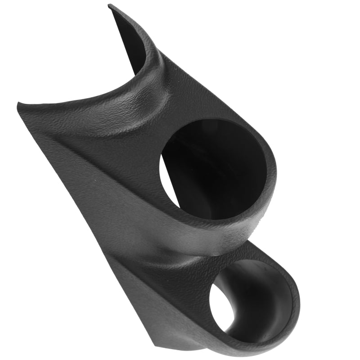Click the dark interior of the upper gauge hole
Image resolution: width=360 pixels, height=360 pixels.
[x=211, y=171]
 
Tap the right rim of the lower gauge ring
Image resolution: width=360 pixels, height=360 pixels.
[x=295, y=306]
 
